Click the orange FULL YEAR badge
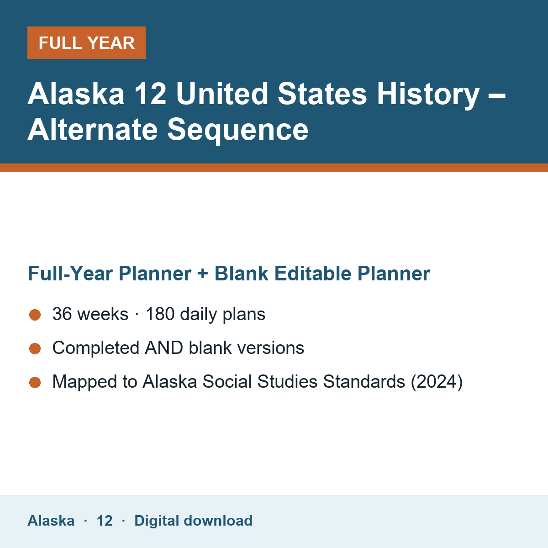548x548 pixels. coord(86,42)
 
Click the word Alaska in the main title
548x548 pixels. coord(76,94)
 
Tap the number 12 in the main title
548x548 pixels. coord(150,94)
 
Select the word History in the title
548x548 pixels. coord(428,96)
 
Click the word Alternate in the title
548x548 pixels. coord(92,130)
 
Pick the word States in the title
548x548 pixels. coord(322,94)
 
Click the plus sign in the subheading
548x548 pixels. coord(203,274)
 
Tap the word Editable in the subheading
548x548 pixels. coord(313,273)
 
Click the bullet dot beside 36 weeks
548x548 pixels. coord(35,315)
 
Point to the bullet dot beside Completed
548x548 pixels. coord(35,348)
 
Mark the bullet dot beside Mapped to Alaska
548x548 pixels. coord(35,382)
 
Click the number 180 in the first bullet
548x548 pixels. coord(160,314)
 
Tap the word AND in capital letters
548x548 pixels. coord(164,348)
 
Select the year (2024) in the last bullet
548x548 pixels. coord(437,382)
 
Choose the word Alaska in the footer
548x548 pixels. coord(51,521)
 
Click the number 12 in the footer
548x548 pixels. coord(105,521)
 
